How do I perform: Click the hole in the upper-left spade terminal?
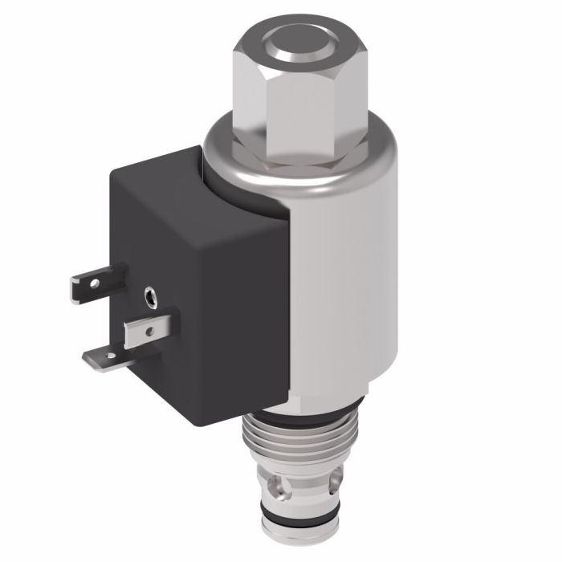click(95, 283)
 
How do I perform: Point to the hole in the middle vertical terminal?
click(150, 327)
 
